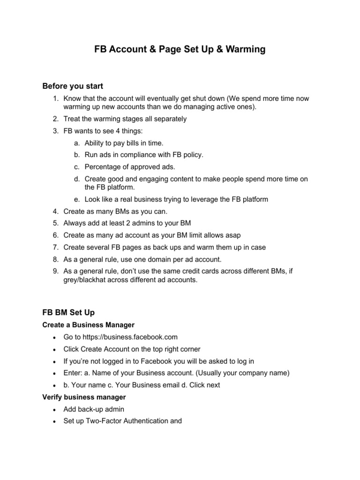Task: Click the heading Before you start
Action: (x=73, y=86)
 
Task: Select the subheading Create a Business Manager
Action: (x=89, y=324)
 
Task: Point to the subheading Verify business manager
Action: (x=84, y=397)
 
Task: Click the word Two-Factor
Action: (x=109, y=421)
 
